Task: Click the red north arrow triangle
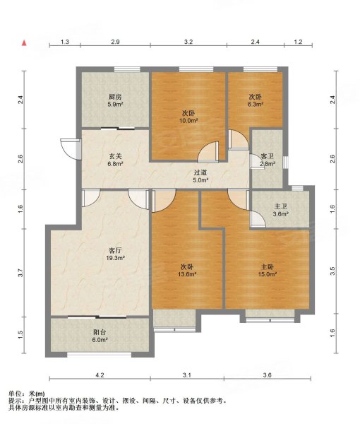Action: coord(24,42)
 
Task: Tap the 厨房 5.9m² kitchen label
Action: coord(115,100)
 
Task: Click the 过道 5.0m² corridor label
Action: coord(200,176)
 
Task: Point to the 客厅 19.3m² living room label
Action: coord(115,254)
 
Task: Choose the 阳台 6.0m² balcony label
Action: coord(100,336)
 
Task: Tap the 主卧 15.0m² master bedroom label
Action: coord(268,271)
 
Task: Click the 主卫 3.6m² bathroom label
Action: coord(281,211)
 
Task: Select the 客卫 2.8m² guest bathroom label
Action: coord(268,160)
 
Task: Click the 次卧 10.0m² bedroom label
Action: coord(188,117)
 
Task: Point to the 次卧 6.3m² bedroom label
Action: coord(256,100)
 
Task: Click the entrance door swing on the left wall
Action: coord(68,148)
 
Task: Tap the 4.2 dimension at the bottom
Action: coord(100,375)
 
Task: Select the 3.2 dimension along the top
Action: coord(188,42)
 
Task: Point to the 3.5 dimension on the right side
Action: coord(332,271)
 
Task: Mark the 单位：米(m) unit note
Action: coord(27,394)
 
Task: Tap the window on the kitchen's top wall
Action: coord(127,69)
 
